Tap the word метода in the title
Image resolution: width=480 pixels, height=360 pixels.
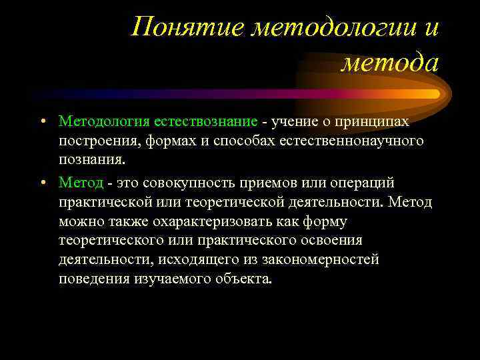[x=390, y=63]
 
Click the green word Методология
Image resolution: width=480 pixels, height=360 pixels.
[x=113, y=121]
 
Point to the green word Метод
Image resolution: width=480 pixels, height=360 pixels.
[x=81, y=183]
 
